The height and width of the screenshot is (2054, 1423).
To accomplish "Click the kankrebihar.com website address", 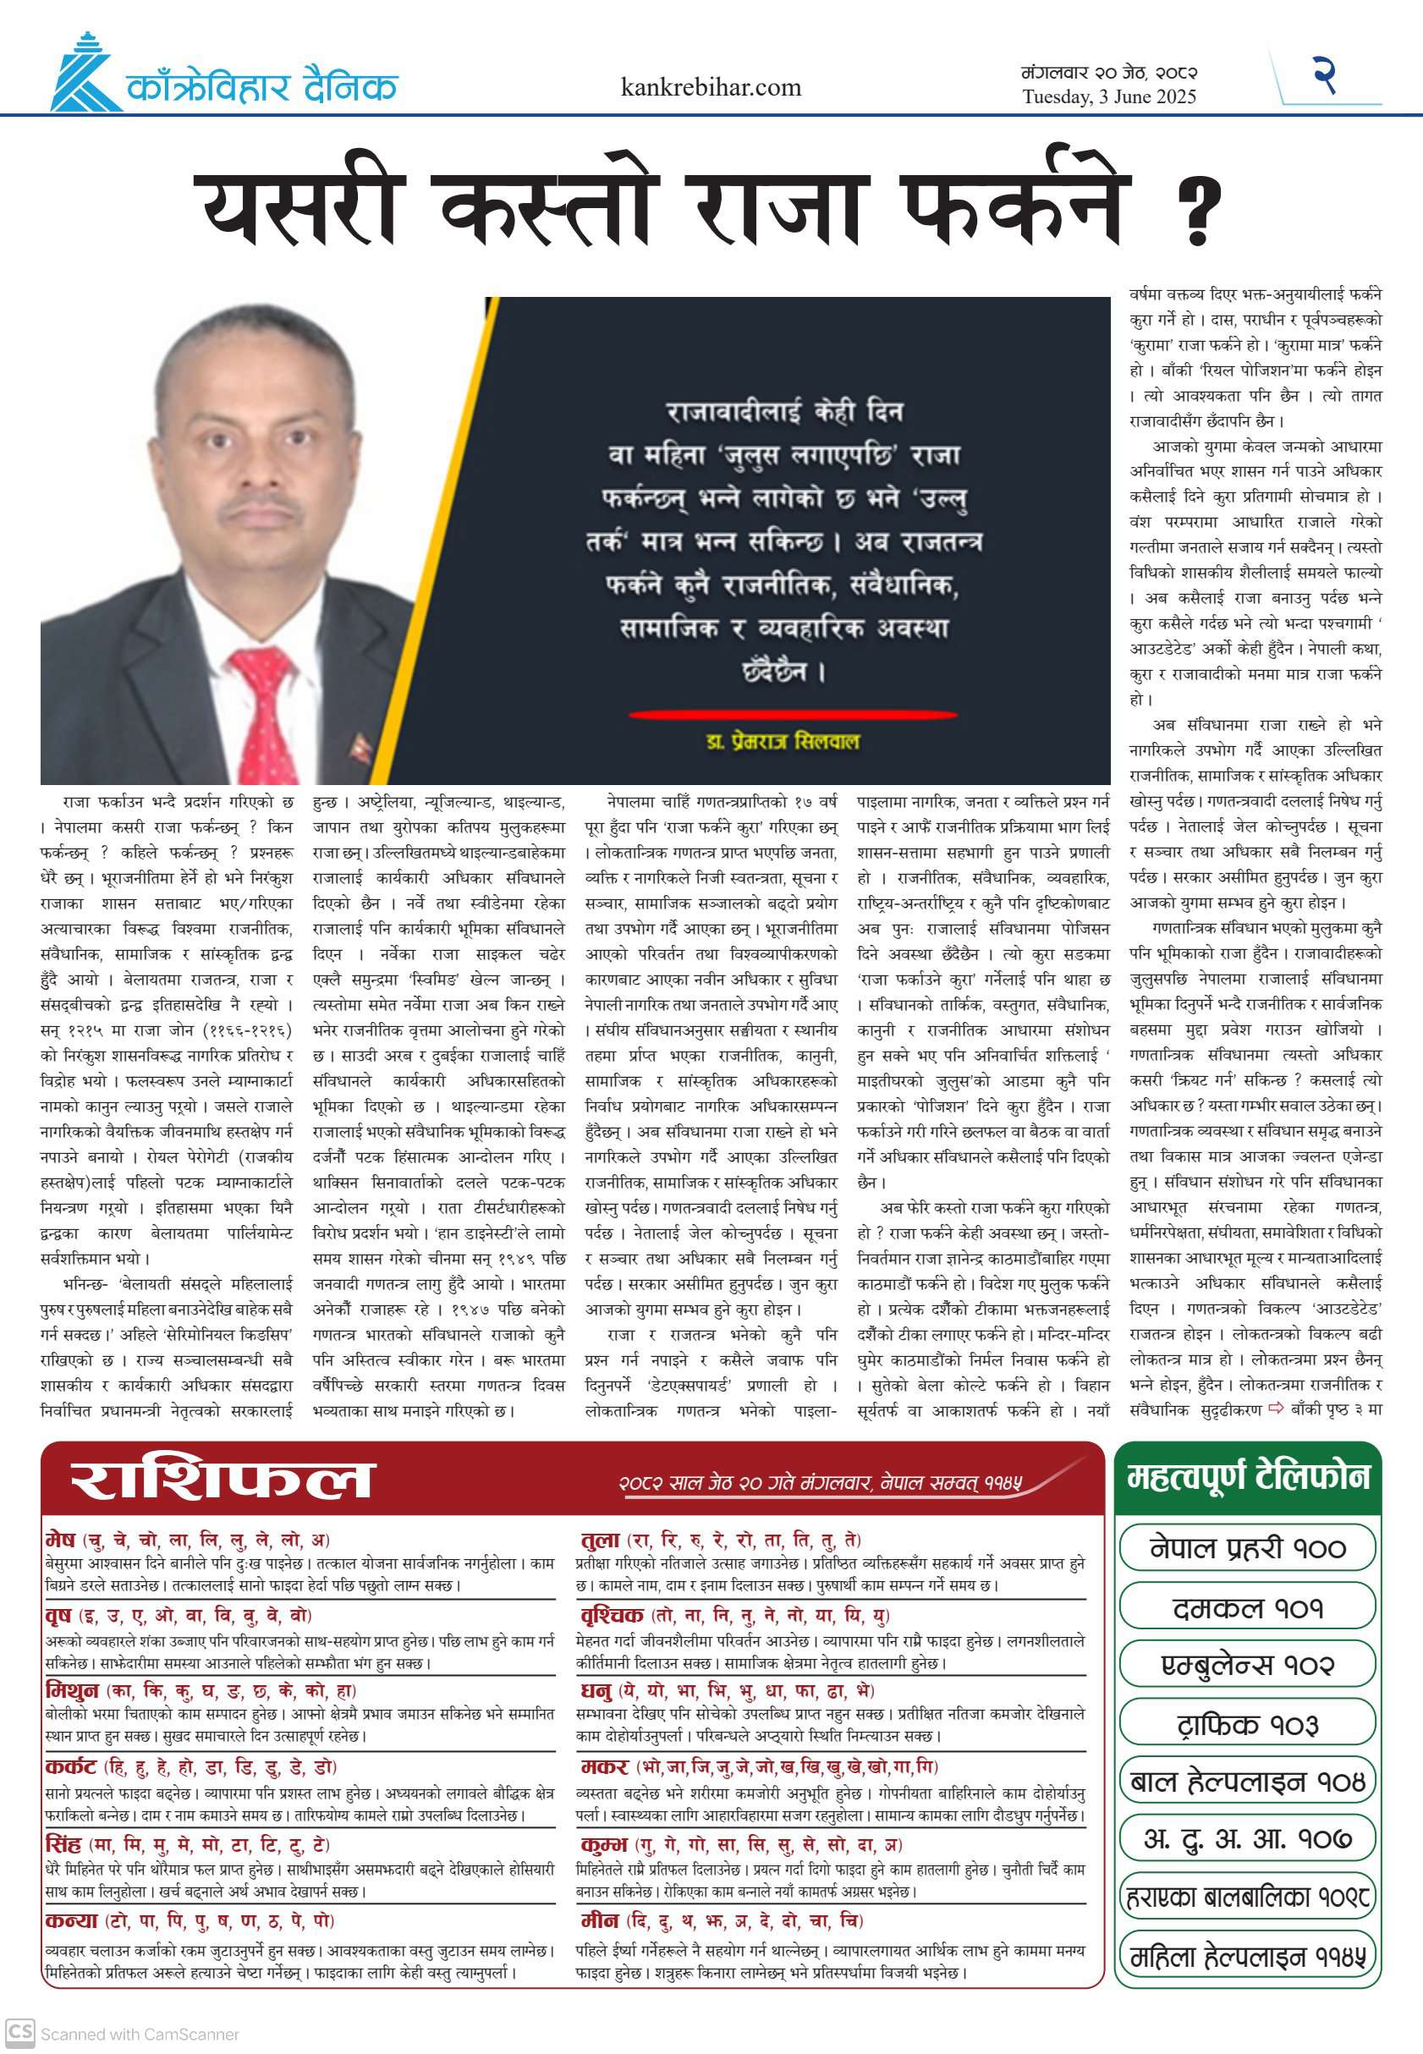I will pos(711,87).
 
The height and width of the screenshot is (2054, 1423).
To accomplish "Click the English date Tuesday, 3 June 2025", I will pos(1109,97).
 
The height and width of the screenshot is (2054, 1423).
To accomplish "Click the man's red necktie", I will pos(262,714).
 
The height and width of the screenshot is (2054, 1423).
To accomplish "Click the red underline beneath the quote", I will pos(793,714).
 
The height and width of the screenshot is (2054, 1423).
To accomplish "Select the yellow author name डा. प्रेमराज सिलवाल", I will pos(783,742).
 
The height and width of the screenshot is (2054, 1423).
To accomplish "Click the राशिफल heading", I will pos(220,1480).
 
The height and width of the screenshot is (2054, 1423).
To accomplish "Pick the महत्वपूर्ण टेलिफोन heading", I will pos(1247,1477).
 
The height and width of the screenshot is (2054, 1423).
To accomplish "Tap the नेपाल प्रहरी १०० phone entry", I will pos(1247,1548).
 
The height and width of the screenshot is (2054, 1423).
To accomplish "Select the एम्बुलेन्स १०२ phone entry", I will pos(1247,1666).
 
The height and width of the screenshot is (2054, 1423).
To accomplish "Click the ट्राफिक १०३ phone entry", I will pos(1247,1724).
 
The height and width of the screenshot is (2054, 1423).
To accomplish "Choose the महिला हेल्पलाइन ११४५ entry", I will pos(1247,1958).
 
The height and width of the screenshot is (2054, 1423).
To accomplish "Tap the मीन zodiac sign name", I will pos(599,1920).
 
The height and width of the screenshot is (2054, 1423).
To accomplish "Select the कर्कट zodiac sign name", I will pos(70,1767).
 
